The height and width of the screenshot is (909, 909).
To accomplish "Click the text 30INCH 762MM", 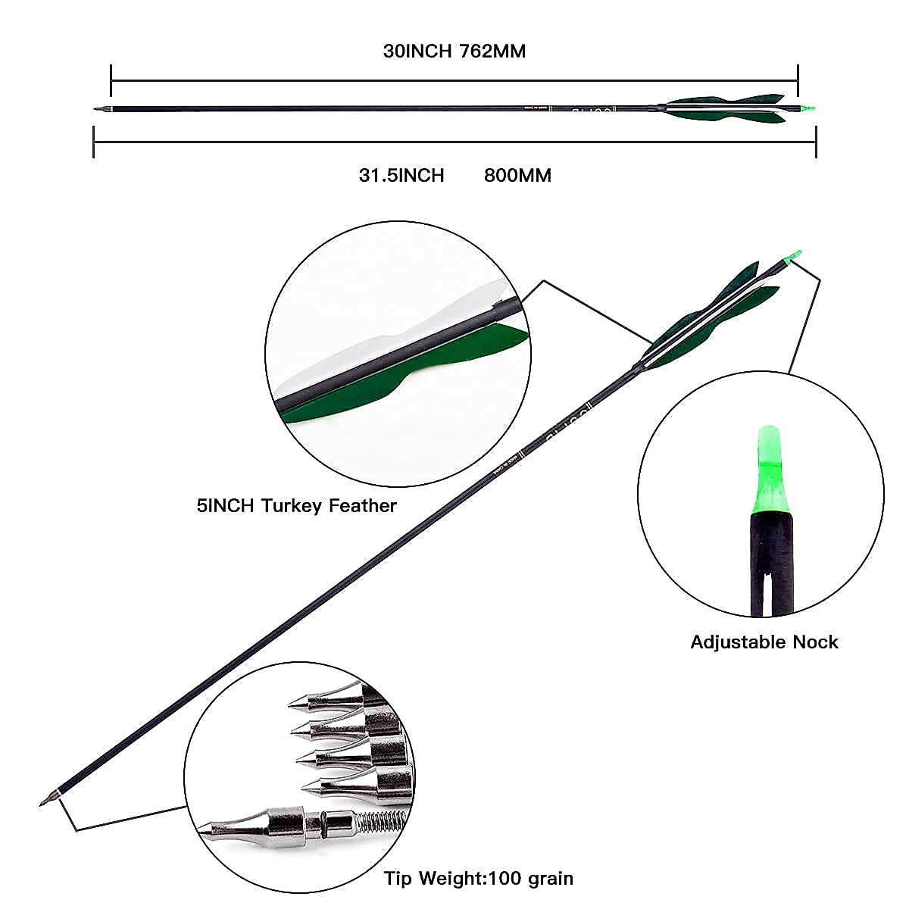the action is tap(454, 52).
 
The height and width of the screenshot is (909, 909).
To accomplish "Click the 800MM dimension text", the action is tap(517, 176).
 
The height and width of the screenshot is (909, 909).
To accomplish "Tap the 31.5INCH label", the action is tap(401, 176).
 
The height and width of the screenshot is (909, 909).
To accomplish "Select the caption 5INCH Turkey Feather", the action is tap(297, 505).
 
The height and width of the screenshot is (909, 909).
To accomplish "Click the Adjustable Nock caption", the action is tap(764, 642).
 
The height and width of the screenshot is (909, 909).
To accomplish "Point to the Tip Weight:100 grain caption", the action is tap(478, 879).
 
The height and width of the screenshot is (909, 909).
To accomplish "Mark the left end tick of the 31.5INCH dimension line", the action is tap(93, 142).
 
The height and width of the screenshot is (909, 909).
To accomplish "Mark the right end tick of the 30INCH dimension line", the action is tap(798, 80).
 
